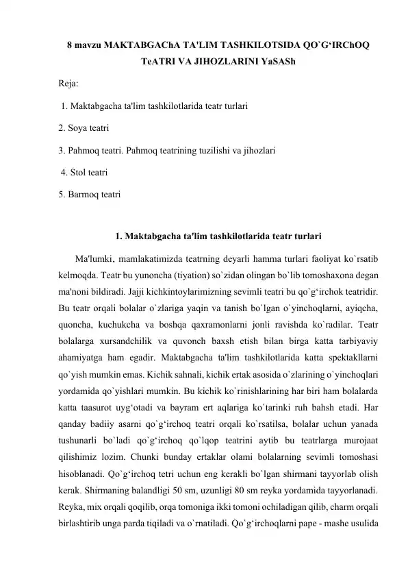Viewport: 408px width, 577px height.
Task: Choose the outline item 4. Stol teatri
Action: [x=84, y=172]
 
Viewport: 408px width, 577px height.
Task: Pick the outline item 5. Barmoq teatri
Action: [x=89, y=194]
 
